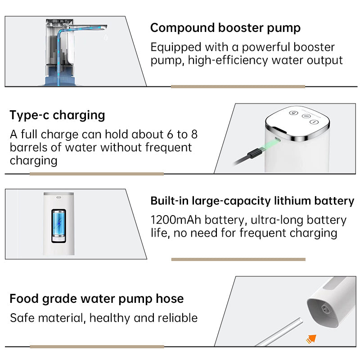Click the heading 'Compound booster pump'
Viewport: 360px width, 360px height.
coord(225,28)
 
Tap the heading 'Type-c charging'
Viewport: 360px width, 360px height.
coord(57,115)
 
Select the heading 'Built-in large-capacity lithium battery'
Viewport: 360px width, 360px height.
coord(252,201)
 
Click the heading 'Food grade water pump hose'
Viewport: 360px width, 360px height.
coord(97,299)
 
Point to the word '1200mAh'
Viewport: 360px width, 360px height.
coord(176,220)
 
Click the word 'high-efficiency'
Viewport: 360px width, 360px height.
coord(228,60)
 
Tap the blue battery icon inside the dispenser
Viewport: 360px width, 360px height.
coord(59,226)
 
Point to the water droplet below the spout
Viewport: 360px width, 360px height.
coord(106,37)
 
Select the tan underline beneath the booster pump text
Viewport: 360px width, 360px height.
coord(238,86)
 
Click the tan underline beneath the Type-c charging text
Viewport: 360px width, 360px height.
coord(97,174)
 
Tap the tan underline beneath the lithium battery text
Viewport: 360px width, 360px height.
coord(238,260)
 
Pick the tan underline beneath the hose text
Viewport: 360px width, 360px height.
coord(97,346)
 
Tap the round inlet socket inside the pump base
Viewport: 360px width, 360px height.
coord(325,309)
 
